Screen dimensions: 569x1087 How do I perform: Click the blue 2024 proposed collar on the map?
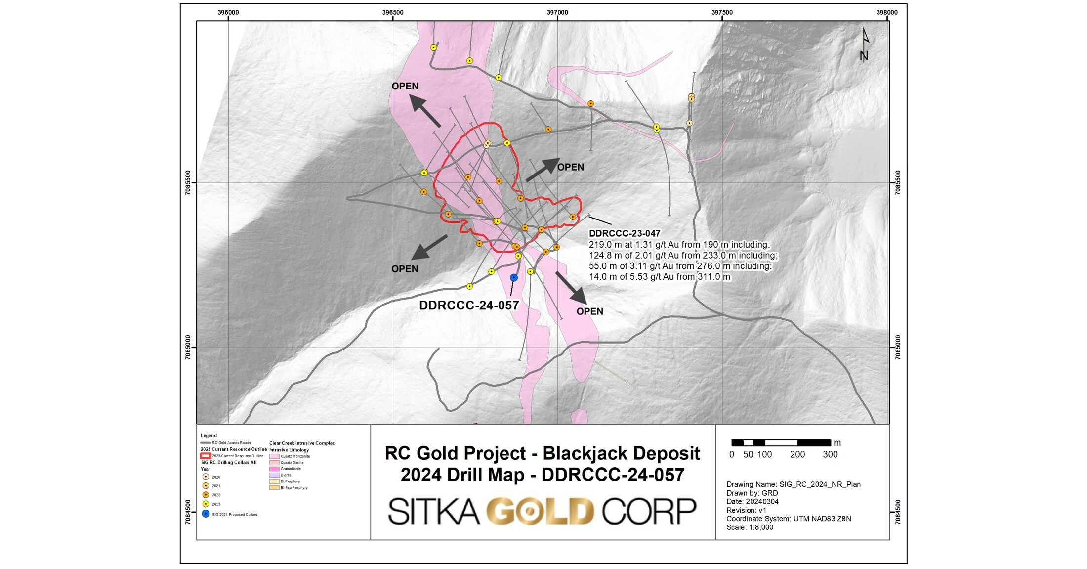[x=514, y=278]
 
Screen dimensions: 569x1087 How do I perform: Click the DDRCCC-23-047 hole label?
[x=625, y=233]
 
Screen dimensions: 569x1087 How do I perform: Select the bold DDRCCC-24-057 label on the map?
[x=468, y=306]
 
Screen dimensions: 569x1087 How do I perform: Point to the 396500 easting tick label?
[x=393, y=12]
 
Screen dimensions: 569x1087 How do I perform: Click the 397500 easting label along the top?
[x=722, y=12]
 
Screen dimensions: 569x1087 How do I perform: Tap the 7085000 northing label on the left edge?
[x=188, y=347]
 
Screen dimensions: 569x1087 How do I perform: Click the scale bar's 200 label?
[x=797, y=454]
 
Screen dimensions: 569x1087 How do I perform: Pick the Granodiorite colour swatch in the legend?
[x=274, y=469]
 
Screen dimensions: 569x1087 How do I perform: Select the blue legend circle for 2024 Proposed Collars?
[x=206, y=514]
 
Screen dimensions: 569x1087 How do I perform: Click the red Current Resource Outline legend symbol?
[x=206, y=456]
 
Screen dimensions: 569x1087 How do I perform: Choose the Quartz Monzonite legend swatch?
[x=274, y=456]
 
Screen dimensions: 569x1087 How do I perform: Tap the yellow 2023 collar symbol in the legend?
[x=206, y=504]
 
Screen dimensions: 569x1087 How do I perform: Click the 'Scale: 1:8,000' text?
[x=750, y=527]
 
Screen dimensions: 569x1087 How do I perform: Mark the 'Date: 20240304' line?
[x=753, y=502]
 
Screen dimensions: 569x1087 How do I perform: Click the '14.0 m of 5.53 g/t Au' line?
[x=659, y=277]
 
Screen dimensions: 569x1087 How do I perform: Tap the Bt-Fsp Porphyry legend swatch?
[x=274, y=487]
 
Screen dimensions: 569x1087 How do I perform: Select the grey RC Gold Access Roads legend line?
[x=206, y=443]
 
